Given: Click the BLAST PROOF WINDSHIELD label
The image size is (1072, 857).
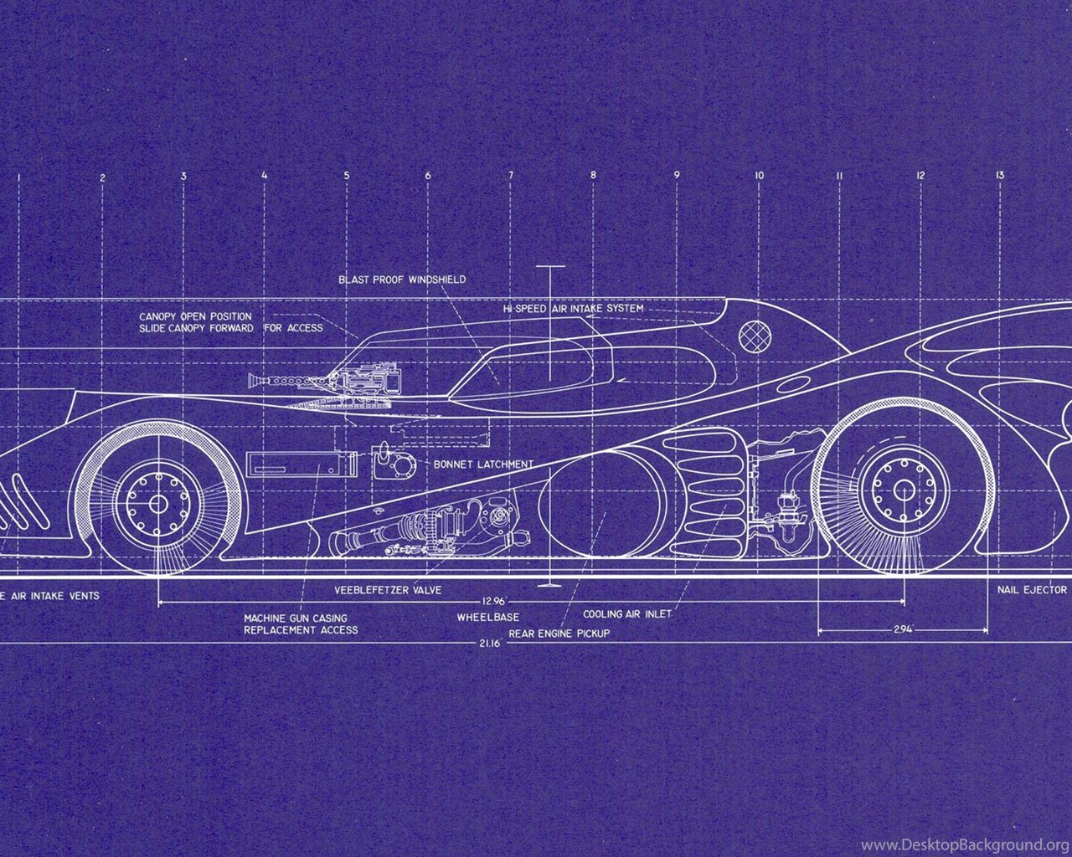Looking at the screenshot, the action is (402, 280).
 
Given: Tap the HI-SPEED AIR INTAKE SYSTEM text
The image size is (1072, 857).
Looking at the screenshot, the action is (573, 309).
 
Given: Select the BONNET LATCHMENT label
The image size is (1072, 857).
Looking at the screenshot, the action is (483, 464).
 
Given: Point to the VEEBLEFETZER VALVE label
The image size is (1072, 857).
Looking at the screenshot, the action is (388, 590).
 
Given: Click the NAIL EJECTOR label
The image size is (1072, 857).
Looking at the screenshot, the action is (1032, 589).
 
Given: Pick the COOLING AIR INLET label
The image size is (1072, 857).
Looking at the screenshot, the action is (627, 614).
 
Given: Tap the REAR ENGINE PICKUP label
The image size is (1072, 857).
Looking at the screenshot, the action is (559, 634).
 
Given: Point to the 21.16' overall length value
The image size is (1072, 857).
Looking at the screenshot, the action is (490, 643).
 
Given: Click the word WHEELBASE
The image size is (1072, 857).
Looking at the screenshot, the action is (487, 618).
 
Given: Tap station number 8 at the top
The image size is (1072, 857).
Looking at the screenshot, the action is (593, 175).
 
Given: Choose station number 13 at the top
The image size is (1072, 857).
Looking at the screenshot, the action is (1000, 175).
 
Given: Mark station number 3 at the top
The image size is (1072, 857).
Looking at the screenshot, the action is (183, 176).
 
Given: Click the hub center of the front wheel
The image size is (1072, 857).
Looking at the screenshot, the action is (158, 504).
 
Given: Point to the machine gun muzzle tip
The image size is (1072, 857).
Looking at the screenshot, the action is (250, 382).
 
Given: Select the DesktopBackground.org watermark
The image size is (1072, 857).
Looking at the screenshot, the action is (966, 844).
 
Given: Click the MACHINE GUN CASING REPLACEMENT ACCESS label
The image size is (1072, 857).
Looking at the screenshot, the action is (301, 624).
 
